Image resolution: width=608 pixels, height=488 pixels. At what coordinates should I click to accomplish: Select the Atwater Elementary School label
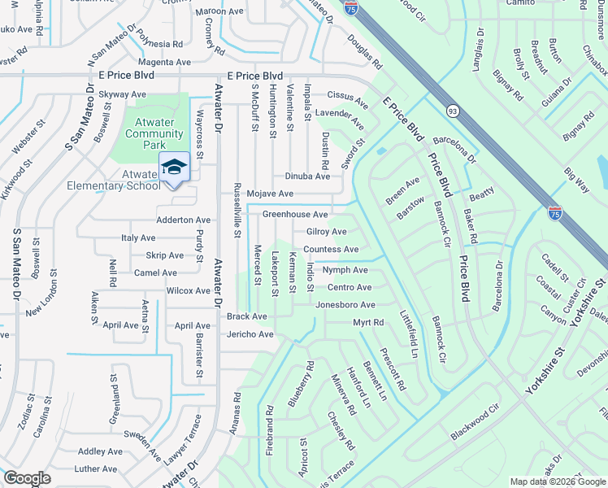coord(129,180)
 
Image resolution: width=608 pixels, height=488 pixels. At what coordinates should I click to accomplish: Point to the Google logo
coord(27,478)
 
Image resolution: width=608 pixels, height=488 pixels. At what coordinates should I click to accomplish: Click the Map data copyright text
coord(558,481)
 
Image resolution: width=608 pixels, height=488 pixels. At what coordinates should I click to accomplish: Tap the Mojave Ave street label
coord(270,194)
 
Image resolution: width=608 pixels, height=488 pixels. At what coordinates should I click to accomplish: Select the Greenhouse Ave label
coord(294,215)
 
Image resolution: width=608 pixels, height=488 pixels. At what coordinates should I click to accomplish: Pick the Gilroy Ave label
coord(327,232)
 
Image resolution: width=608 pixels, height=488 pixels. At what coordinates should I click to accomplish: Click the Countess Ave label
coord(331,250)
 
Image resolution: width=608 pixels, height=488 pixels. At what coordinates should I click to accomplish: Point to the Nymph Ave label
coord(345,270)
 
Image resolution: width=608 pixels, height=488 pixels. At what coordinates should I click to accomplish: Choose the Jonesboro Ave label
coord(345,305)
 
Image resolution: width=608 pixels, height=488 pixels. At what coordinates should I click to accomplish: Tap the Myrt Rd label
coord(367,323)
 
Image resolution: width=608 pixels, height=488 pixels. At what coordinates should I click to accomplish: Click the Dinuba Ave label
coord(307,176)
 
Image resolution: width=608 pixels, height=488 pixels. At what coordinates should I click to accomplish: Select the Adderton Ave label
coord(183,220)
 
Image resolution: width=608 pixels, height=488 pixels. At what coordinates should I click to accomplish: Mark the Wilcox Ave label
coord(188,290)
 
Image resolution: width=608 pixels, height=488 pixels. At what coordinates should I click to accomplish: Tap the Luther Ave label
coord(96,469)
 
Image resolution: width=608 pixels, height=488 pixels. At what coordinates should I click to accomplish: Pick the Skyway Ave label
coord(122,94)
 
